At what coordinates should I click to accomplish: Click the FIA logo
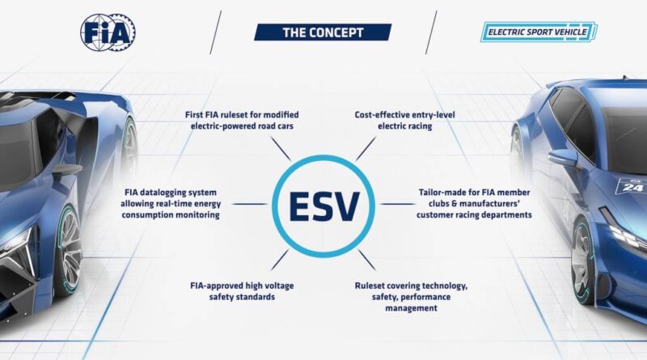point(108,32)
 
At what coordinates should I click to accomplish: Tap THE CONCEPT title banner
point(323,32)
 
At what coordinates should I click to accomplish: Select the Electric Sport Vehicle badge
point(539,32)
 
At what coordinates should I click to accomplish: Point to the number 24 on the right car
point(630,187)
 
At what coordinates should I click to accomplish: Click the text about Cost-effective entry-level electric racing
point(405,121)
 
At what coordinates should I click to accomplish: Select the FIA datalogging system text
point(171,204)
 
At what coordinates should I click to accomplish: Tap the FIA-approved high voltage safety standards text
point(242,291)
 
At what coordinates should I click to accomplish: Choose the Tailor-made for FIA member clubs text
point(474,204)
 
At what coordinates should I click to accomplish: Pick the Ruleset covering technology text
point(411,297)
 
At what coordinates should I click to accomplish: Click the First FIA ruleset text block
point(242,121)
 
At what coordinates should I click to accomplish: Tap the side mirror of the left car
point(67,169)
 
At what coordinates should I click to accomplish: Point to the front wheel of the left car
point(68,251)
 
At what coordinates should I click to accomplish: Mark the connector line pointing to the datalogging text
point(250,204)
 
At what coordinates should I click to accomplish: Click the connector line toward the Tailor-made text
point(397,204)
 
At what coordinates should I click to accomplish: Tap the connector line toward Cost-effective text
point(366,149)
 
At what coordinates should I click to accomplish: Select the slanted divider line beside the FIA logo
point(215,32)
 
